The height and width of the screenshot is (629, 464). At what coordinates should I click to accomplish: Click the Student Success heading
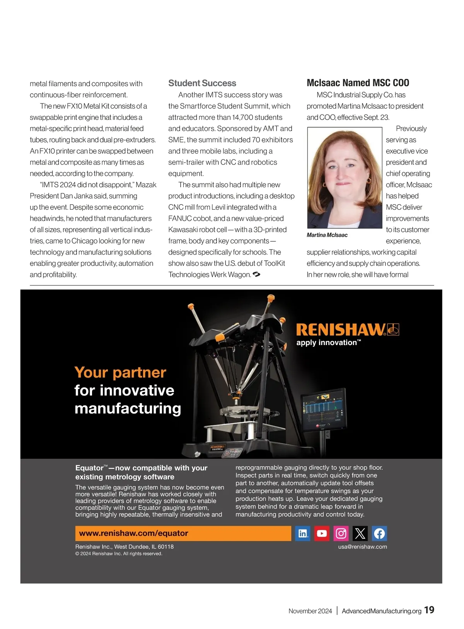[x=202, y=83]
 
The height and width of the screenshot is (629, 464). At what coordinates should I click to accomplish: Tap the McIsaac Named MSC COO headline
[x=358, y=83]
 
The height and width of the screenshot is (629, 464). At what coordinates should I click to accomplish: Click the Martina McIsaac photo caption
[x=327, y=235]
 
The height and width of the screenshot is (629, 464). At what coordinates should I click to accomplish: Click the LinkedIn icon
[x=303, y=533]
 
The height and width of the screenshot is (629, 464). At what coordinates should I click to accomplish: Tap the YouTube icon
[x=322, y=533]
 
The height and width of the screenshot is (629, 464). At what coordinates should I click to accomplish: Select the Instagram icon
[x=341, y=533]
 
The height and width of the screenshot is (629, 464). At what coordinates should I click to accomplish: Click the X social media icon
[x=360, y=533]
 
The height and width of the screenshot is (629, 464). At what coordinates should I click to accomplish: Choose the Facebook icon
[x=379, y=533]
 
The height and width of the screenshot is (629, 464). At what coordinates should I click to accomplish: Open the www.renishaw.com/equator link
[x=133, y=533]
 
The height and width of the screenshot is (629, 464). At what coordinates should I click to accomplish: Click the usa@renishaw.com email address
[x=362, y=547]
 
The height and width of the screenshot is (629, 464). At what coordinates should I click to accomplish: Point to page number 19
[x=429, y=610]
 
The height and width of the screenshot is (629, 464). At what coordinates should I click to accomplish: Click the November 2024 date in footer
[x=310, y=611]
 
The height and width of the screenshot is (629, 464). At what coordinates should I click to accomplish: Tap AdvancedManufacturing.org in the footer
[x=381, y=611]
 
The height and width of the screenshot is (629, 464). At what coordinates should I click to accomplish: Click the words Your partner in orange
[x=120, y=372]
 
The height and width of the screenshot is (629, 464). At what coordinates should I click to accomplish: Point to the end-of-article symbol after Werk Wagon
[x=256, y=275]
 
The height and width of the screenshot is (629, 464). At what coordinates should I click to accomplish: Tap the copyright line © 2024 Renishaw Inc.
[x=119, y=554]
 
